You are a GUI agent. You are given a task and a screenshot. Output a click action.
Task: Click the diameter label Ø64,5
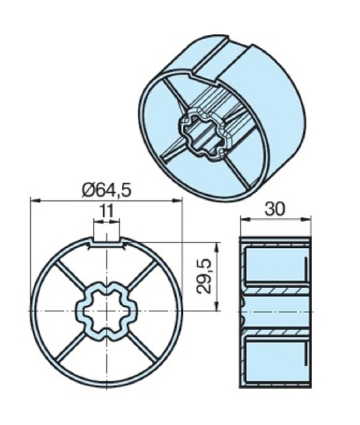(106, 190)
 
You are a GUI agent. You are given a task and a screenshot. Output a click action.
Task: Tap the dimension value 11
(107, 211)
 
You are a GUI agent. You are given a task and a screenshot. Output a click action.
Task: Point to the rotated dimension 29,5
(205, 276)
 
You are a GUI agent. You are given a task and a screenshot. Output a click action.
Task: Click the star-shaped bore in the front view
(106, 312)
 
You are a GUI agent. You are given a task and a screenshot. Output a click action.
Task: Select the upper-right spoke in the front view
(142, 275)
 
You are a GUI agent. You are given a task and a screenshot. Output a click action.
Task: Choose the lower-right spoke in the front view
(142, 348)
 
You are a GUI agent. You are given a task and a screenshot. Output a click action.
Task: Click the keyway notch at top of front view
(106, 241)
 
